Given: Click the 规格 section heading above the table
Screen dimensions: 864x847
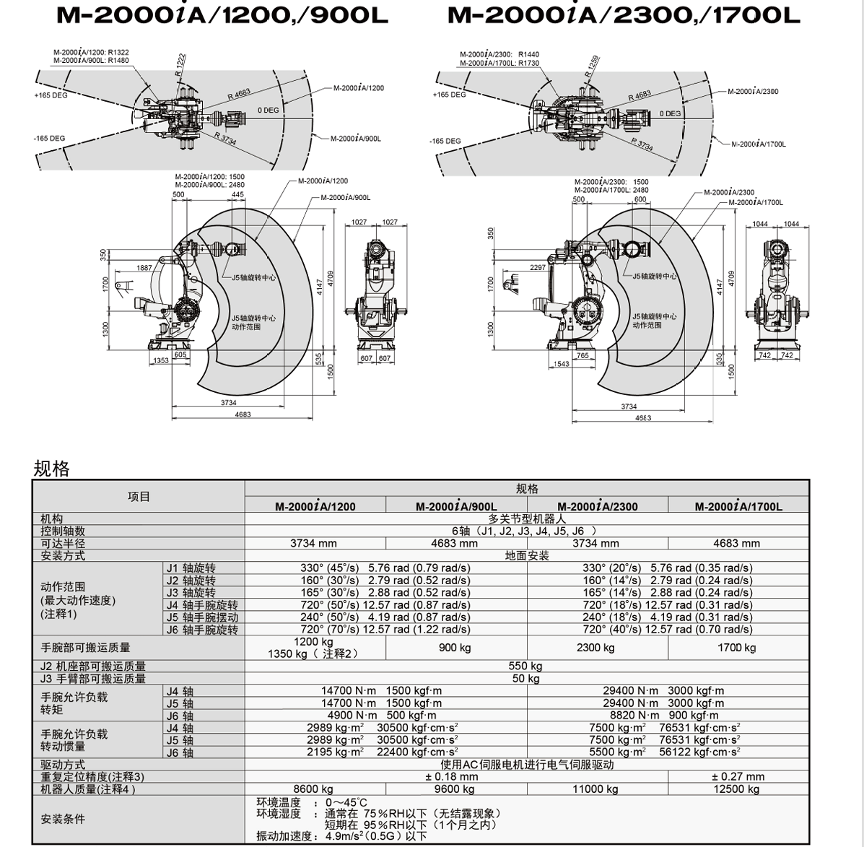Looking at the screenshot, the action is (52, 469).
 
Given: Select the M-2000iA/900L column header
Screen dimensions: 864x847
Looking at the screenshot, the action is (456, 506).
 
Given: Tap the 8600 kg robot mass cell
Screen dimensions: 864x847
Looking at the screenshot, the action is (313, 789).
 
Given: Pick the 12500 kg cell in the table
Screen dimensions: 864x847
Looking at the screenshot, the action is (737, 789).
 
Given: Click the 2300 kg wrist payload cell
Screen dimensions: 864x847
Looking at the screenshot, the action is (595, 648).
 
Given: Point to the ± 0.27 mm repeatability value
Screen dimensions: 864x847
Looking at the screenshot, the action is (738, 776).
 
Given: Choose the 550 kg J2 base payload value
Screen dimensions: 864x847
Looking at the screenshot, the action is (525, 666).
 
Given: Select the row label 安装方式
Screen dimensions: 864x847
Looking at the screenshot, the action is (63, 555).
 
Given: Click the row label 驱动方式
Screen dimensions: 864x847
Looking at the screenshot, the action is (63, 765).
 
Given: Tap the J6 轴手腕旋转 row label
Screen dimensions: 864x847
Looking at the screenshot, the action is (202, 630).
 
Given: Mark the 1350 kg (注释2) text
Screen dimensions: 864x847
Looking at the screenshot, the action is (313, 653).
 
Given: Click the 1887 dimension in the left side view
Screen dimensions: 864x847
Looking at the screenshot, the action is (144, 268).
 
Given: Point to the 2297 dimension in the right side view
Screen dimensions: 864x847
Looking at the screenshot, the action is (538, 267).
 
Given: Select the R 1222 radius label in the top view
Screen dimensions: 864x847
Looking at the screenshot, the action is (180, 64).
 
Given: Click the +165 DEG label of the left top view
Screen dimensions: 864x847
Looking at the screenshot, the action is (51, 95).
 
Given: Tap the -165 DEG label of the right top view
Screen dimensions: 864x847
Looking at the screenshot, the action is (445, 141).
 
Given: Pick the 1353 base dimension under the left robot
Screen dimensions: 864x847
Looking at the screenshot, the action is (161, 360).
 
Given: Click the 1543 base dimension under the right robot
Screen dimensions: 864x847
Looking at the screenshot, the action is (562, 364).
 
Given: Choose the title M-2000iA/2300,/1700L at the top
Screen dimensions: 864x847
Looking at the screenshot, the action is (623, 15).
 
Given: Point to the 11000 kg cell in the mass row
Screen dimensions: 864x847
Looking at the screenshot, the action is (595, 789).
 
